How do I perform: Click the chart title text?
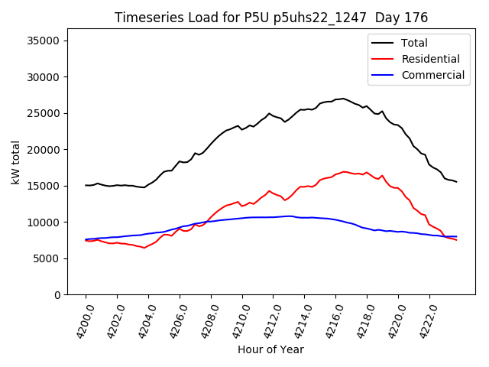point(271,18)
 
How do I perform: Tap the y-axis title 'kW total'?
point(16,162)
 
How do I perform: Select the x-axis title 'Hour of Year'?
point(270,349)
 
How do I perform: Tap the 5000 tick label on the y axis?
point(53,258)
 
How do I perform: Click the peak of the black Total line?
point(343,99)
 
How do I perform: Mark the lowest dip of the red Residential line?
point(144,248)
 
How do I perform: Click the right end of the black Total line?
point(456,182)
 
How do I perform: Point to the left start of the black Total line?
point(86,185)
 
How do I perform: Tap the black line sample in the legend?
point(383,44)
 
